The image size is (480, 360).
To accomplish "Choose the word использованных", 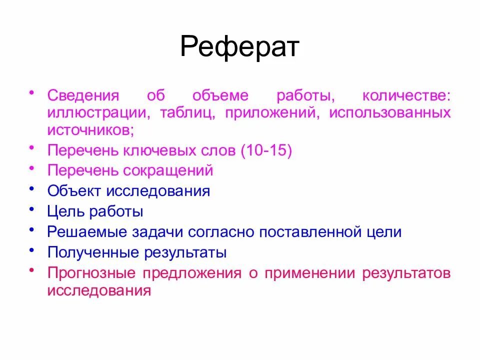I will click(389, 112).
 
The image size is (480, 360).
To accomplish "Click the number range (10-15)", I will click(266, 150).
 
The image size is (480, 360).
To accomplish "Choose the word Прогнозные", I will click(92, 273).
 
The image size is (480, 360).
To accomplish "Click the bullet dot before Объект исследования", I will click(32, 187).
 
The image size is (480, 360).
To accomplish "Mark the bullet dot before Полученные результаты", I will click(32, 249).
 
